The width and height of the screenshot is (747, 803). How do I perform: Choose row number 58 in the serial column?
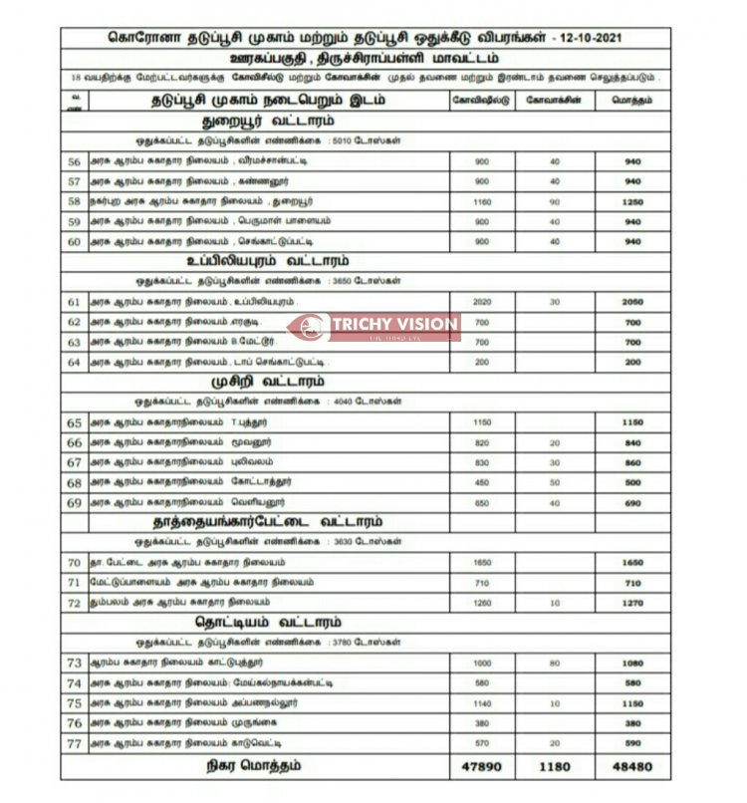click(73, 201)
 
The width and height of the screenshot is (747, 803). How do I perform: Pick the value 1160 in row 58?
click(482, 201)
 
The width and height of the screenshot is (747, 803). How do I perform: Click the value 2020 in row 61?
click(482, 302)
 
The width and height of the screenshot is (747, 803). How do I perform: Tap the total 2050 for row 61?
click(632, 302)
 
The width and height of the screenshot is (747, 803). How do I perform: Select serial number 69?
click(73, 502)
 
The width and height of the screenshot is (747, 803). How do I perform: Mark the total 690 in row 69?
click(632, 502)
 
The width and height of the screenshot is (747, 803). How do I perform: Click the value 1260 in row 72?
click(482, 603)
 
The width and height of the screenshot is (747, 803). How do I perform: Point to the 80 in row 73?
click(554, 663)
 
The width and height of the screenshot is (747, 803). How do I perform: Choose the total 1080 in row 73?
click(632, 663)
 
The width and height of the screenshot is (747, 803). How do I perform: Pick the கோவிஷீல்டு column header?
click(482, 101)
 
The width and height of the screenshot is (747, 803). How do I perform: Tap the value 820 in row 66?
click(482, 442)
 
